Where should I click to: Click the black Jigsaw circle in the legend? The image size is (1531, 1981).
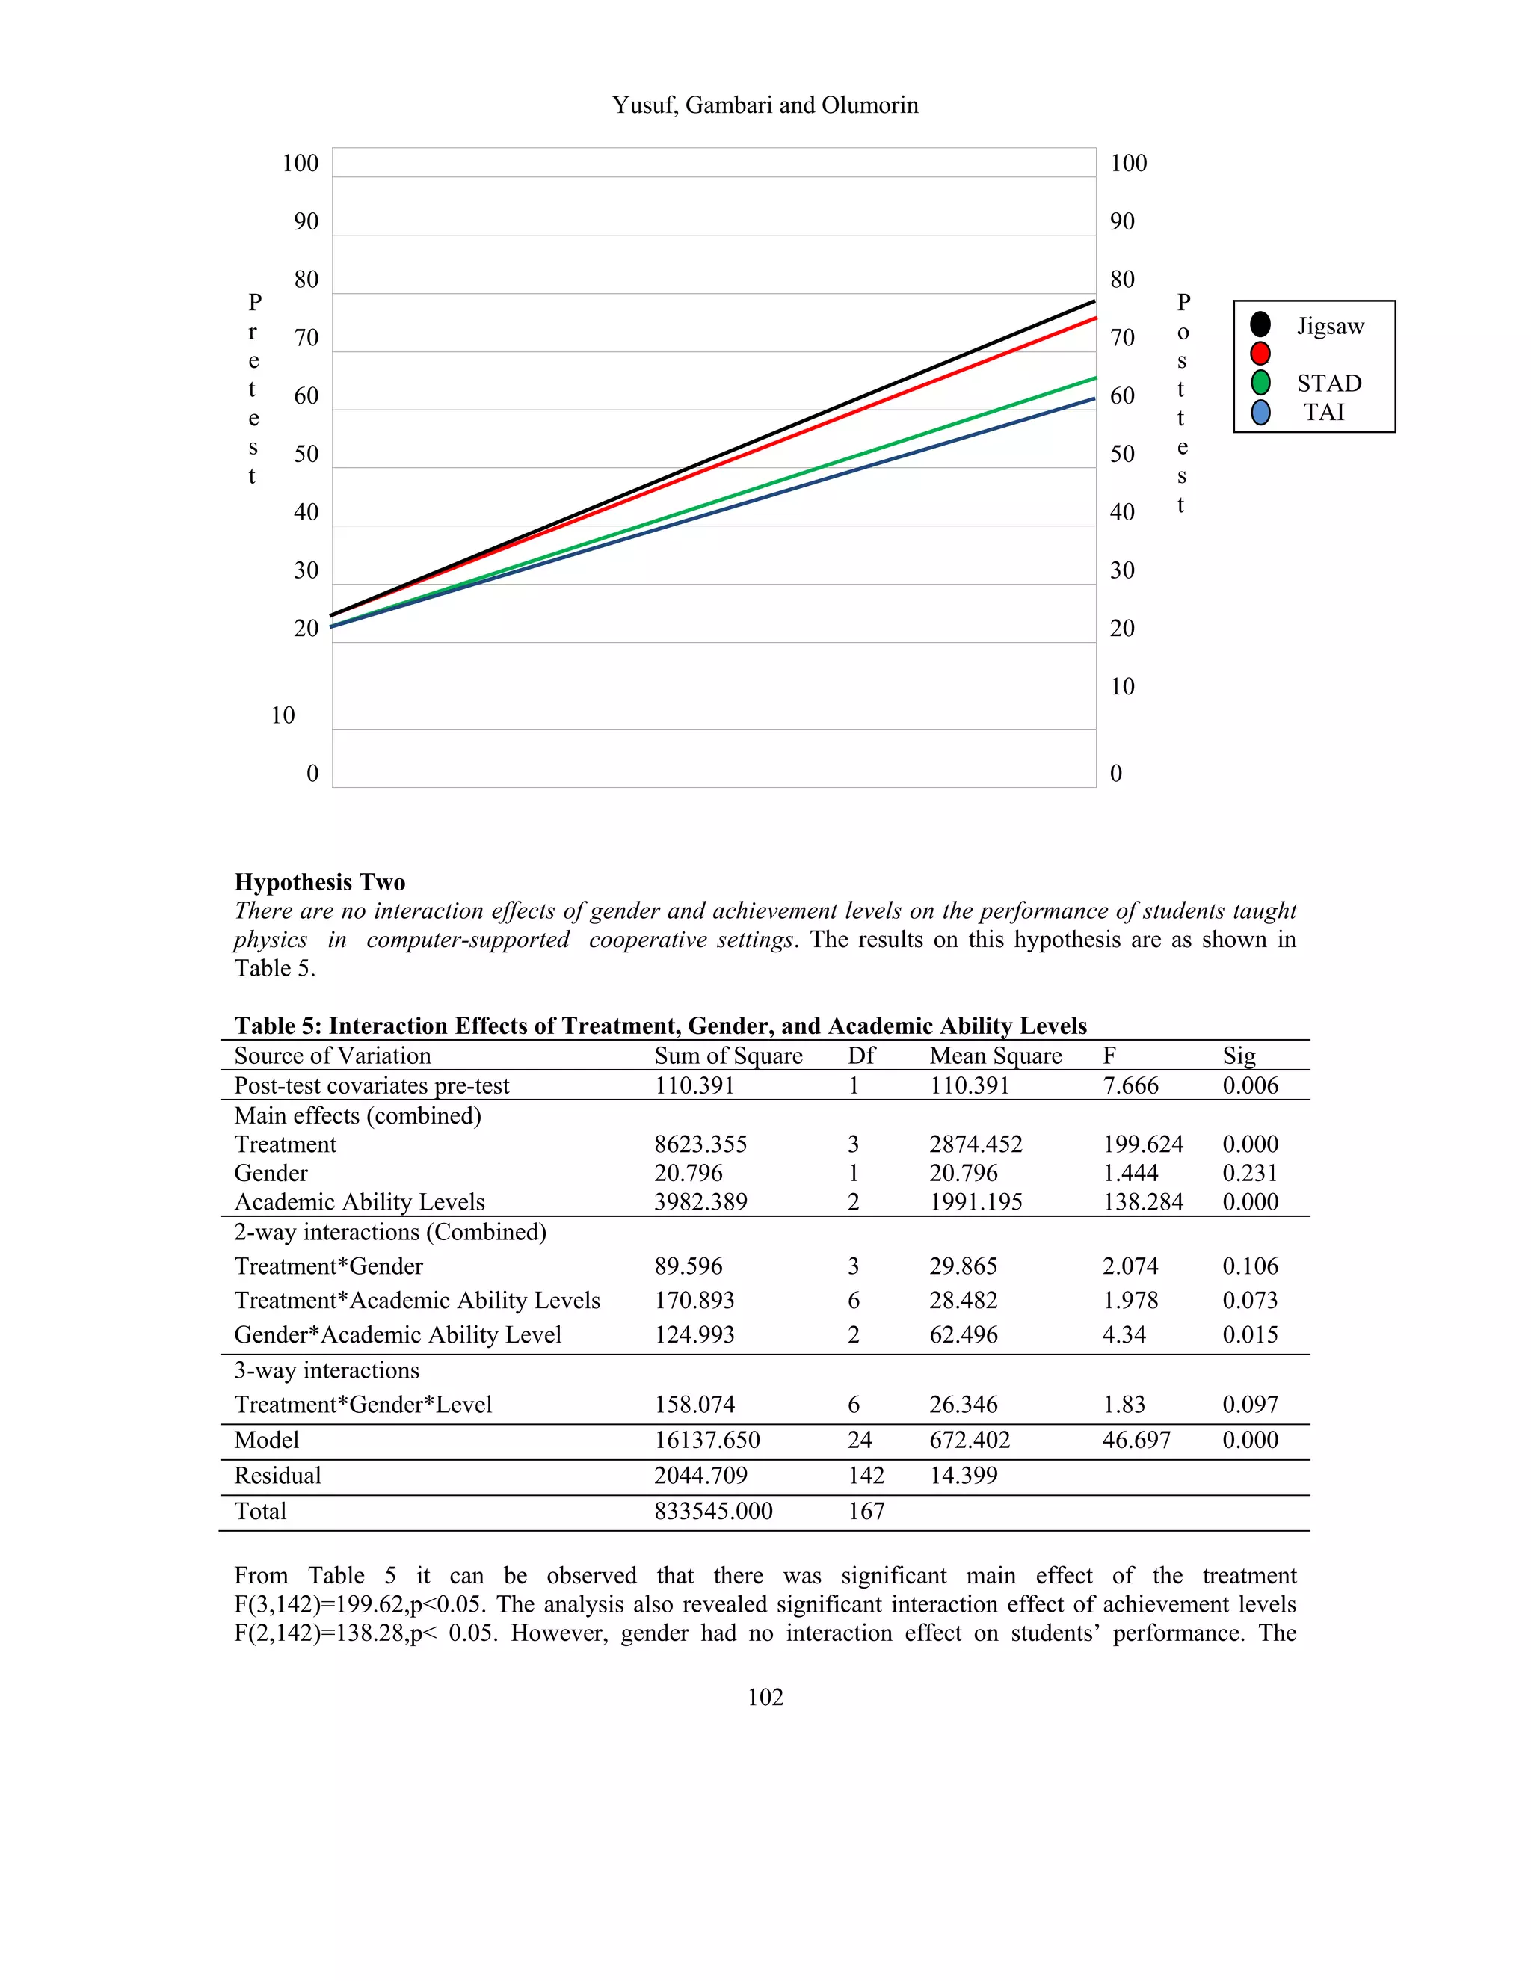click(1260, 324)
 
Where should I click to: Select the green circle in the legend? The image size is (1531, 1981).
click(1260, 383)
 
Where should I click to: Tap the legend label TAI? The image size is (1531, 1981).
click(1323, 413)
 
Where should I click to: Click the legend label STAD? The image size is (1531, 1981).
click(1328, 383)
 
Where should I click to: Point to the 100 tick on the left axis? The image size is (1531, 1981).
click(301, 163)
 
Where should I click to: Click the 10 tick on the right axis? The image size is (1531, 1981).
click(1122, 687)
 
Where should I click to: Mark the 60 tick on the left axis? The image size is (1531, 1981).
click(306, 395)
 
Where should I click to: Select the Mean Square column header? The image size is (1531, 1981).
click(995, 1055)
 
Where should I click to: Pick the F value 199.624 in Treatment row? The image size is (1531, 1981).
click(1142, 1144)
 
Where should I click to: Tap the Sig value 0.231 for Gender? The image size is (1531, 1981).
click(1249, 1173)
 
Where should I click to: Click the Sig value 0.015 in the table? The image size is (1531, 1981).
click(1249, 1334)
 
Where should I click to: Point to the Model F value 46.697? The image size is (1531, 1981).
click(1136, 1440)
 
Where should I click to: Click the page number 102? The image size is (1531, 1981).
click(765, 1697)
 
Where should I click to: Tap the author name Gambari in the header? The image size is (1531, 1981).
click(728, 105)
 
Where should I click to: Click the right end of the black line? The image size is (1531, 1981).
click(1093, 301)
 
